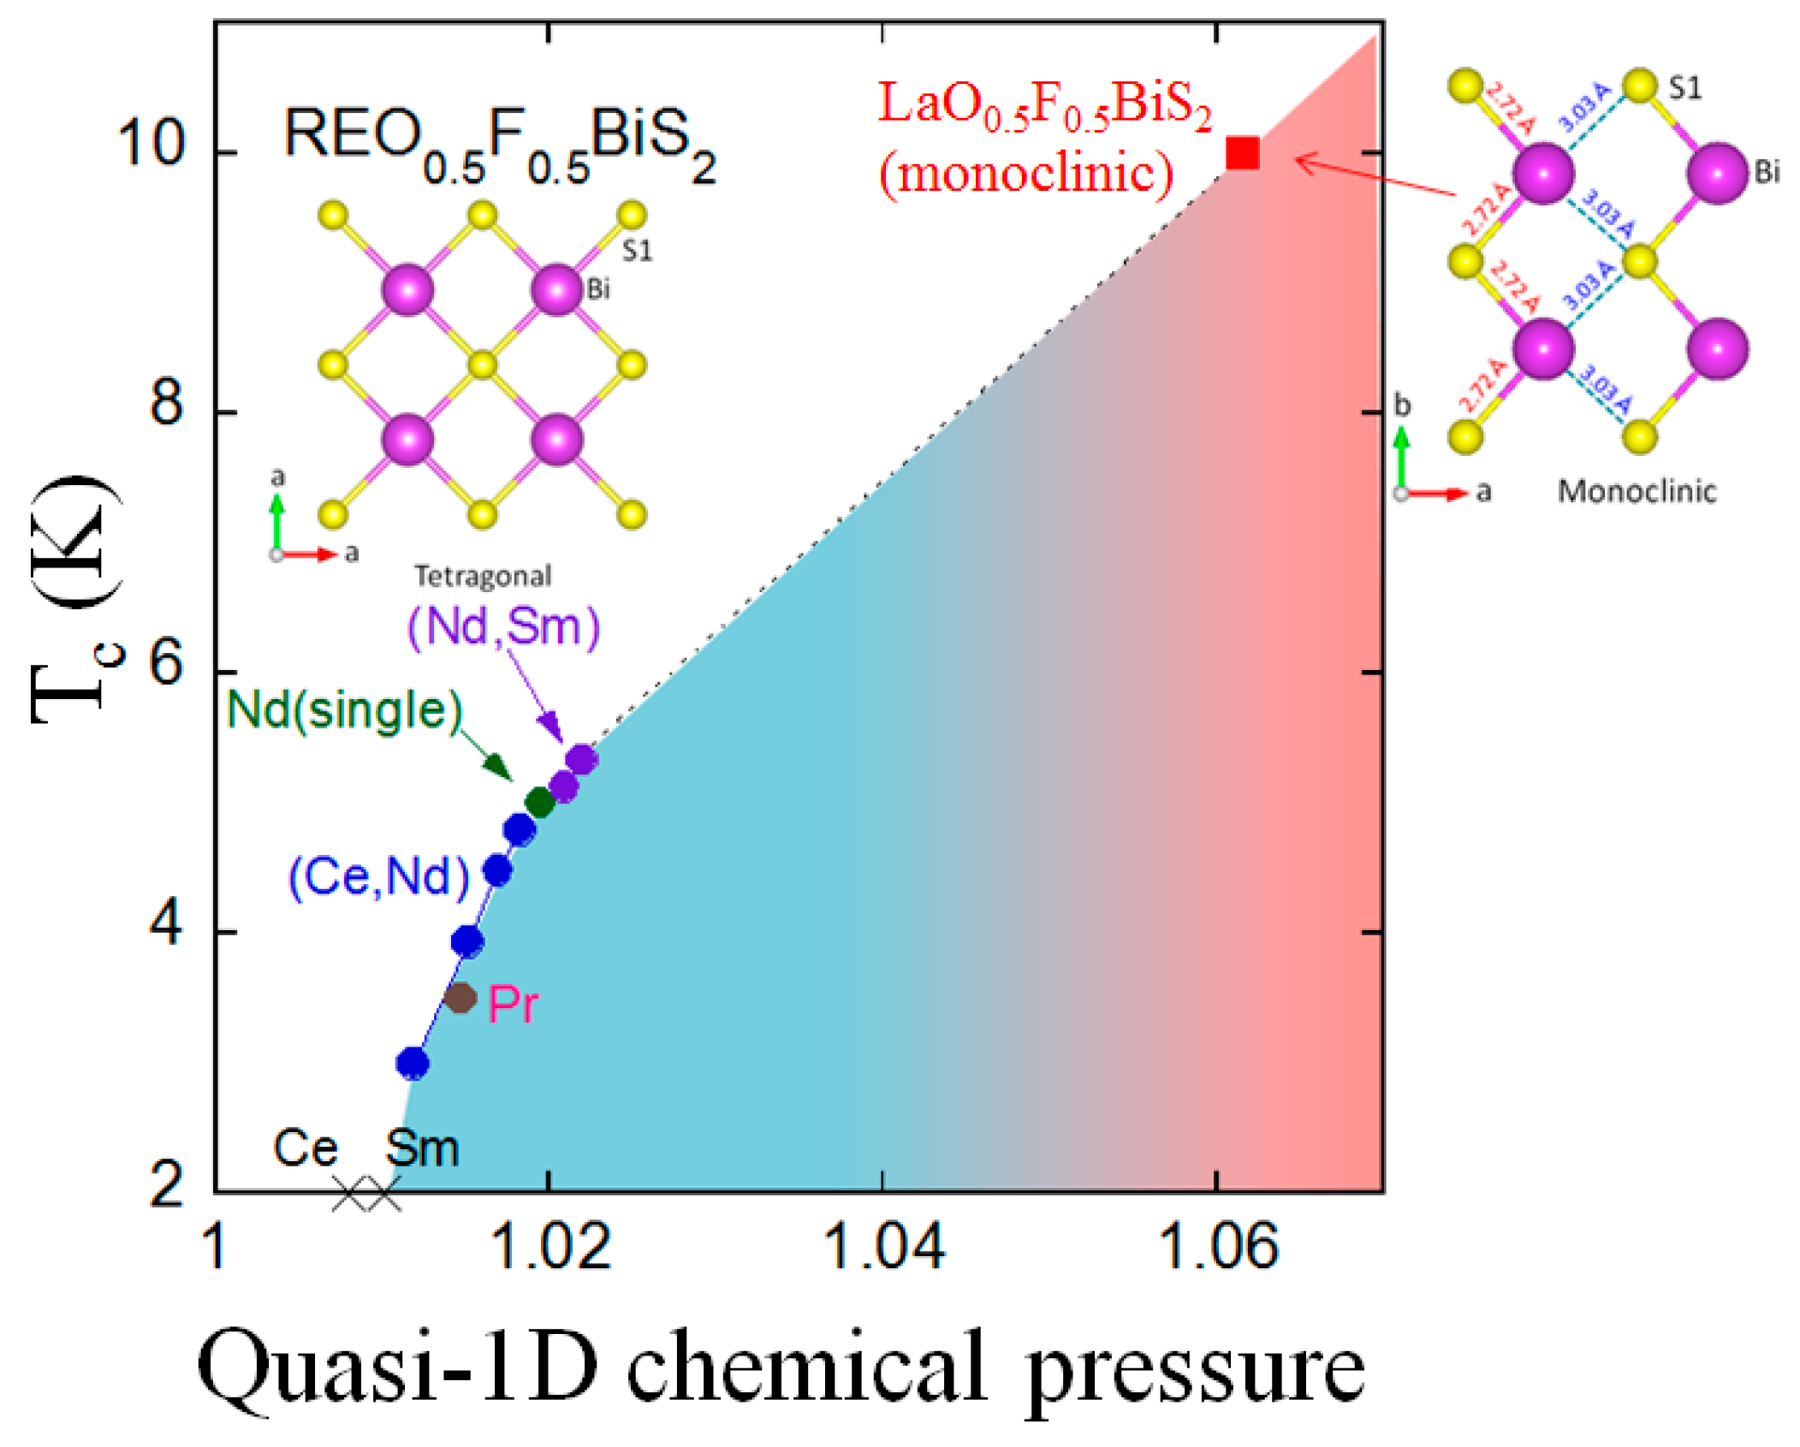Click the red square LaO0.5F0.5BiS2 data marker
1242,153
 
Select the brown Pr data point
460,997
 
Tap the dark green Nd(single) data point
539,802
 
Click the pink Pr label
513,1004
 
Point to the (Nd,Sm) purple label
503,627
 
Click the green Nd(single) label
344,710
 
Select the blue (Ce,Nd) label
379,876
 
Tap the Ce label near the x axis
305,1148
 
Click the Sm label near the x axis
422,1148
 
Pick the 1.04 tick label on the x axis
882,1246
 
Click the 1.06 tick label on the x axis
1217,1246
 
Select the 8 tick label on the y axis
166,402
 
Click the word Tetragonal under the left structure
483,576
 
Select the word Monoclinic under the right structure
1636,491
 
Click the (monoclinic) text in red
1026,174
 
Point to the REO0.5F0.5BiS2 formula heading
499,143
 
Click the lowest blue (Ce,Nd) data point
413,1063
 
